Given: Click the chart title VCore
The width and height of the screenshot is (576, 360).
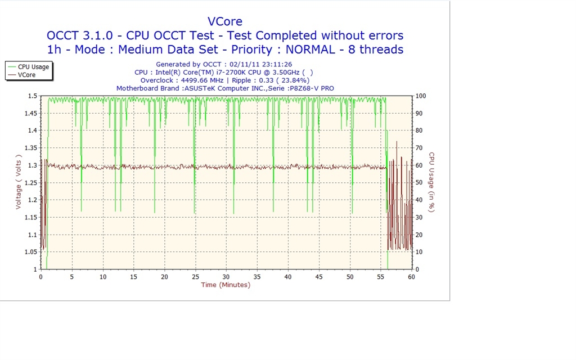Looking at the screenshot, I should [225, 22].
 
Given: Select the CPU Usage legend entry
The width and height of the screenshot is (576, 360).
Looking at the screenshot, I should [33, 67].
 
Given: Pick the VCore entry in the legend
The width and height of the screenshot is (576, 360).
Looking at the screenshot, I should [26, 75].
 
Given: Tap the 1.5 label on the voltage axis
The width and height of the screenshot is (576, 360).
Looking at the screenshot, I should [33, 96].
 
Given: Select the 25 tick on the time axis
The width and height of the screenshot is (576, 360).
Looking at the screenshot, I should [195, 277].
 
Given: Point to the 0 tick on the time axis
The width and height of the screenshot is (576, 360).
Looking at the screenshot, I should [40, 277].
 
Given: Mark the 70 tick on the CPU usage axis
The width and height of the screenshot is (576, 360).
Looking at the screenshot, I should [419, 148].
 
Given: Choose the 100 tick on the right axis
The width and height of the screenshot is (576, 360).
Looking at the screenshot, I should [421, 96].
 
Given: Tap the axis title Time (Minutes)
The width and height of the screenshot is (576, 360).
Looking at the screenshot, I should [226, 285].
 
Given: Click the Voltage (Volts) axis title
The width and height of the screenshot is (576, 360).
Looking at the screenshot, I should [19, 182].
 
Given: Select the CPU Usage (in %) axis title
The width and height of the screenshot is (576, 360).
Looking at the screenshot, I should [431, 182].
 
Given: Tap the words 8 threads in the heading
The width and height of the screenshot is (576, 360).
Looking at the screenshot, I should [376, 49].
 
